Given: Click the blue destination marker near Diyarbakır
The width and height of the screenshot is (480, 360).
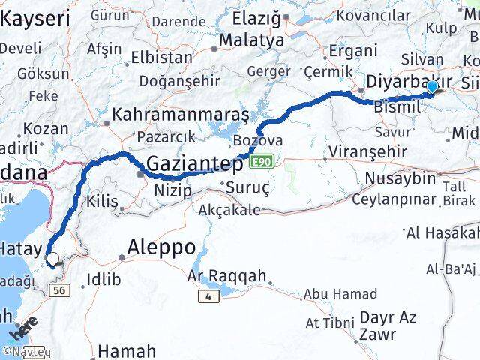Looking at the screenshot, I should (432, 87).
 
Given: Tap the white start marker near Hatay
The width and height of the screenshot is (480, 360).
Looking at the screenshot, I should (52, 260).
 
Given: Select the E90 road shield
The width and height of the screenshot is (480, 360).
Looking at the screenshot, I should (261, 162).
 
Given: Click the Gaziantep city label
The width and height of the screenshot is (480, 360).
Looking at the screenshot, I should (194, 163).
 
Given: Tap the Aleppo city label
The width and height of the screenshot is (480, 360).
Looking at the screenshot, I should (161, 246).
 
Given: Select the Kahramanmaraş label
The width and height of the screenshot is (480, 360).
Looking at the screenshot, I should (180, 116).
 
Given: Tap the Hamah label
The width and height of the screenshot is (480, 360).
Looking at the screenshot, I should (127, 349).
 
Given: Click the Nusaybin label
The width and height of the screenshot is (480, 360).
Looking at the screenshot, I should (400, 178).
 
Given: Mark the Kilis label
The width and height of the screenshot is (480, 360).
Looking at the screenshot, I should (102, 200).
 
